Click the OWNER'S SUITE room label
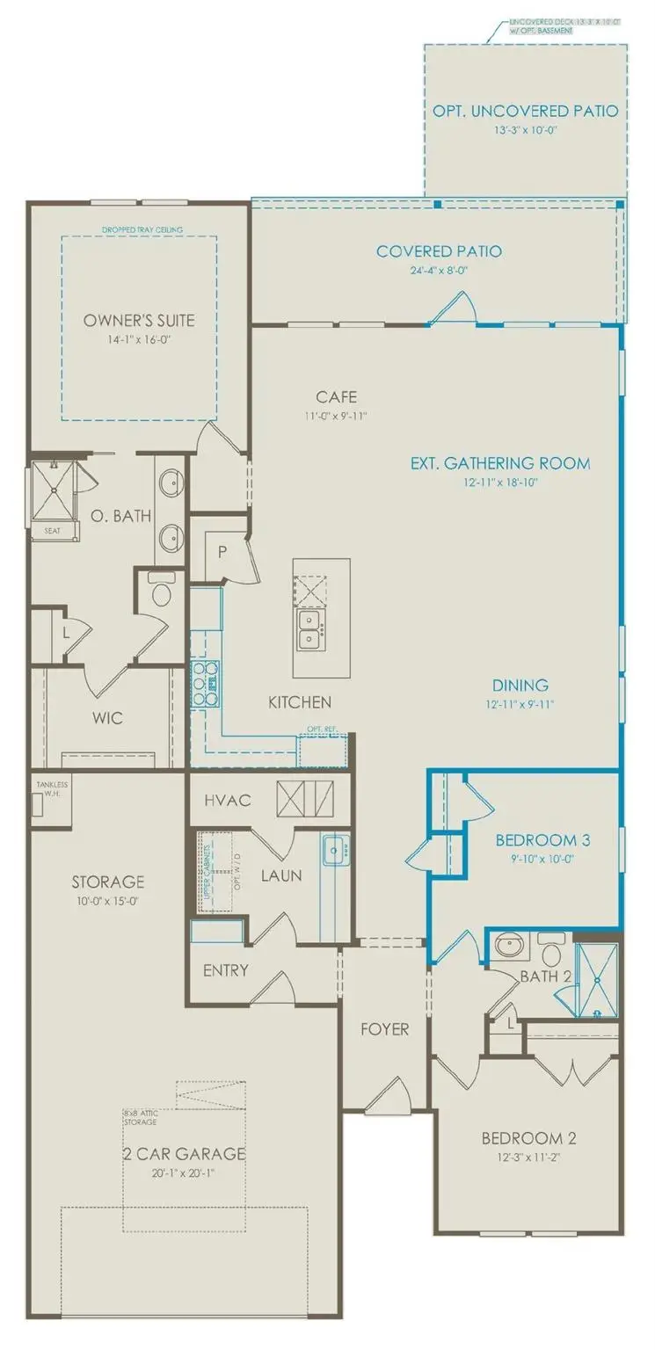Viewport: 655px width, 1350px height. [x=139, y=321]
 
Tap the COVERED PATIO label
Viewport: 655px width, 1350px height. [x=439, y=252]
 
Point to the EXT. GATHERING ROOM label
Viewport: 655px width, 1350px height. [x=500, y=463]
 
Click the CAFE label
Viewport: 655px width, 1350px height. [x=337, y=397]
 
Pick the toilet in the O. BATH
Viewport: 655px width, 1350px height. [x=161, y=594]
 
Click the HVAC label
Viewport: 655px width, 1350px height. [x=229, y=800]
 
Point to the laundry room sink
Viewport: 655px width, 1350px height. [x=335, y=850]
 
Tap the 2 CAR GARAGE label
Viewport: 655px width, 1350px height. [x=184, y=1153]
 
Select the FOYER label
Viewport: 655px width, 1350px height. [x=384, y=1028]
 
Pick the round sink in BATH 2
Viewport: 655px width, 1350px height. [x=507, y=947]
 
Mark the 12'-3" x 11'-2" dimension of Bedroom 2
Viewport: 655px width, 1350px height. [x=528, y=1158]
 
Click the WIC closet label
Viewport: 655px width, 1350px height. [x=108, y=718]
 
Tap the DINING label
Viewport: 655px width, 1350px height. [x=520, y=685]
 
